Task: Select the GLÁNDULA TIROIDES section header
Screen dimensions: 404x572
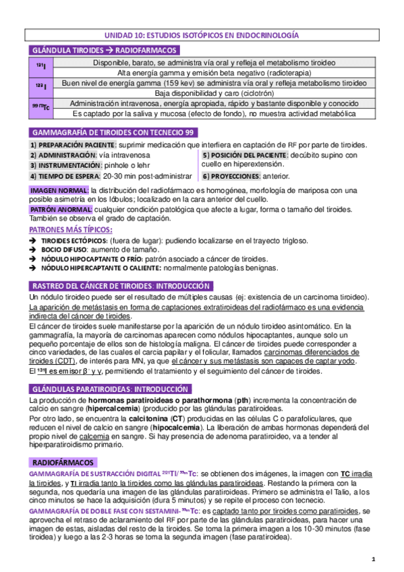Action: (104, 51)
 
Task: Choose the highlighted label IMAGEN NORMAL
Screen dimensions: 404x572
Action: (59, 191)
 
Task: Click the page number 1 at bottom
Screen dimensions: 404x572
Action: (374, 559)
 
